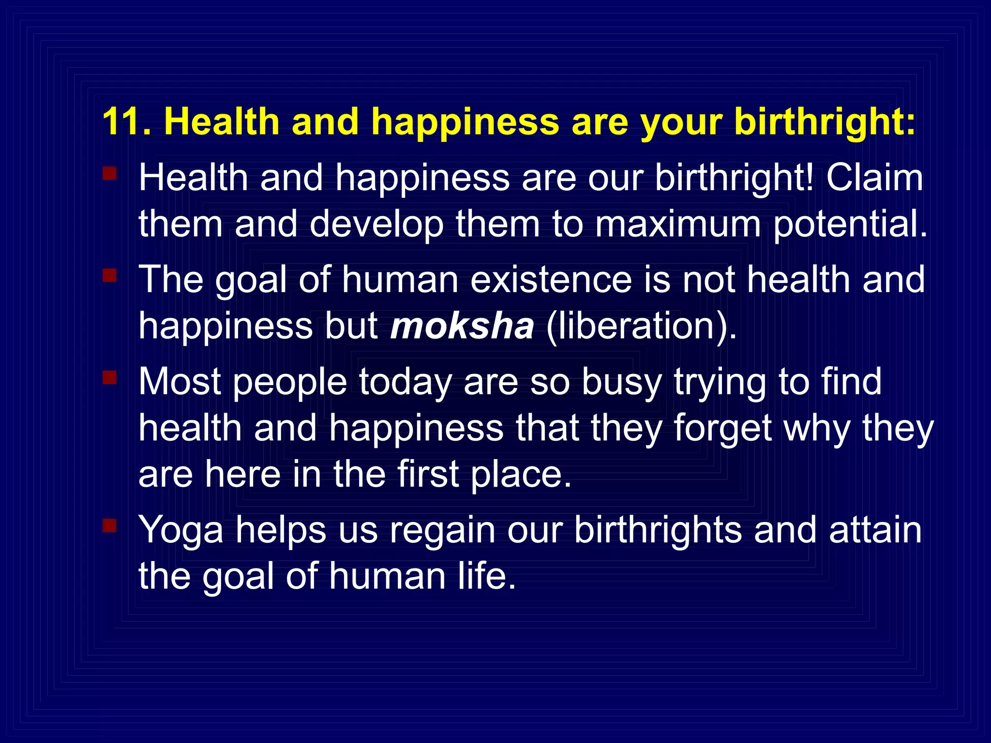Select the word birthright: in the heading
tap(825, 121)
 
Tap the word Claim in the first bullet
tap(874, 178)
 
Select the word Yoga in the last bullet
tap(181, 530)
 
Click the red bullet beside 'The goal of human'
tap(110, 276)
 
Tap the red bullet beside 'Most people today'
tap(110, 377)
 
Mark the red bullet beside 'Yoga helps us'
tap(110, 525)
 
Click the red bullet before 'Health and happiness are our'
tap(110, 173)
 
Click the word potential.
tap(850, 223)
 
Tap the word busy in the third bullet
tap(621, 382)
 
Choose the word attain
tap(875, 530)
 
